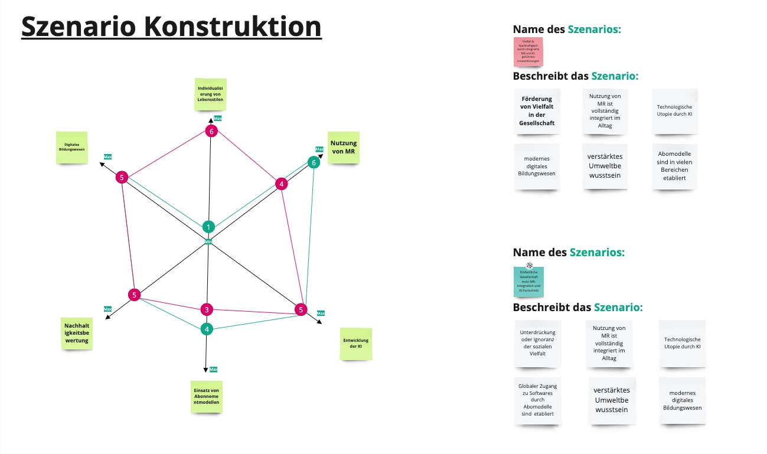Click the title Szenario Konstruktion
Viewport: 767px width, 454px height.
(x=171, y=27)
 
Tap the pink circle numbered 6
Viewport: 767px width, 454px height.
(x=211, y=131)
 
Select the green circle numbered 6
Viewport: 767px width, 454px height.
(x=314, y=162)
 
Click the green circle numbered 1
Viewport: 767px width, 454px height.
(x=208, y=227)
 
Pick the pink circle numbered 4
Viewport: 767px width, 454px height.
(x=282, y=184)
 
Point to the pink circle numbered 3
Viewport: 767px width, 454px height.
(x=206, y=309)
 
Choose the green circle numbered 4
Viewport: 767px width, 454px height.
(x=206, y=329)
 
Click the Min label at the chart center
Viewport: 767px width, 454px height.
(x=208, y=242)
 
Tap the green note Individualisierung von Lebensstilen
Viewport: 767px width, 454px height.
(x=211, y=94)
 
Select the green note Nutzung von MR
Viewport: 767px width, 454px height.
(x=344, y=147)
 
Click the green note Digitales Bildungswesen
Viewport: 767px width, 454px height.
(x=72, y=148)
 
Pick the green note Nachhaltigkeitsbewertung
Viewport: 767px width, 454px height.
(x=77, y=333)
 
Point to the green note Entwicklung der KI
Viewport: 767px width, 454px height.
(x=355, y=344)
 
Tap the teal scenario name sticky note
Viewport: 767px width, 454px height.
(x=529, y=282)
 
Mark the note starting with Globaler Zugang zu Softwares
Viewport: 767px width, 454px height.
(x=537, y=400)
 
